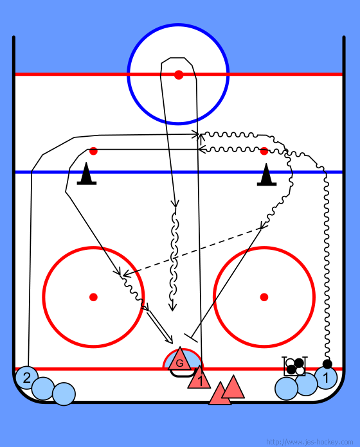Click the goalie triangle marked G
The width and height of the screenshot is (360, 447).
pyautogui.click(x=180, y=360)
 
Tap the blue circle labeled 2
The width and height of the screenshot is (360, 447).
pyautogui.click(x=26, y=378)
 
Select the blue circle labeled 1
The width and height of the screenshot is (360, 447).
pyautogui.click(x=326, y=378)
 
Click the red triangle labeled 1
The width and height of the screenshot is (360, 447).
pyautogui.click(x=199, y=378)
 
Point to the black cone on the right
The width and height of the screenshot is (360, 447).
pyautogui.click(x=266, y=175)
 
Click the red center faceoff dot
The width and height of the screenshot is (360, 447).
pyautogui.click(x=179, y=74)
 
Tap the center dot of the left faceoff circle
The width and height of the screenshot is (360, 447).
pyautogui.click(x=93, y=297)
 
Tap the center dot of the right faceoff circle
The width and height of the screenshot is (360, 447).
pyautogui.click(x=264, y=297)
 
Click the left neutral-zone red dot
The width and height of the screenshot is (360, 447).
pyautogui.click(x=93, y=151)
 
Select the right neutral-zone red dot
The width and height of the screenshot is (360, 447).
pyautogui.click(x=264, y=151)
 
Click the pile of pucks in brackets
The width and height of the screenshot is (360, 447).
pyautogui.click(x=295, y=366)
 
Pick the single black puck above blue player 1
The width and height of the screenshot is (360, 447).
pyautogui.click(x=327, y=364)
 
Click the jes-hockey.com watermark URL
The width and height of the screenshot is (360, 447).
pyautogui.click(x=309, y=442)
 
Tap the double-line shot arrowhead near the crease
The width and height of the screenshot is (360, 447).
pyautogui.click(x=170, y=340)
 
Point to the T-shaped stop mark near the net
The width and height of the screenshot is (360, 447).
pyautogui.click(x=191, y=338)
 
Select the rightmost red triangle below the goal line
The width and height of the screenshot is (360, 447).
pyautogui.click(x=233, y=389)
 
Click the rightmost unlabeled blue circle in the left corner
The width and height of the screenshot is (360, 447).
pyautogui.click(x=64, y=394)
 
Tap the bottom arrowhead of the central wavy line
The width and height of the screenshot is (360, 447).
pyautogui.click(x=172, y=307)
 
